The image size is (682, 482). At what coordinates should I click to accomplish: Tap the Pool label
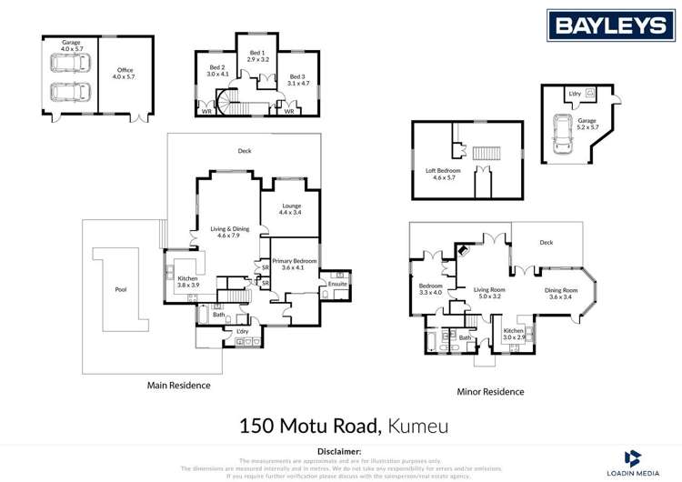tap(122, 291)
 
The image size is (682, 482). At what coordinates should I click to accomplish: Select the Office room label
tap(125, 74)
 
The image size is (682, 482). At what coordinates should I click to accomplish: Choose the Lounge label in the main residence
tap(290, 209)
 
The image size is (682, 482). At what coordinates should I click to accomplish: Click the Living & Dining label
tap(228, 232)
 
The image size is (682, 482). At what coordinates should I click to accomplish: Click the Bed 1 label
tap(257, 56)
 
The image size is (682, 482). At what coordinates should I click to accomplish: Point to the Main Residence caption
tap(178, 386)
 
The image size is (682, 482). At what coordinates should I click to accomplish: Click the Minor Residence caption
tap(490, 392)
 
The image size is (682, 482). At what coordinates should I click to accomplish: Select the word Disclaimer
tap(340, 451)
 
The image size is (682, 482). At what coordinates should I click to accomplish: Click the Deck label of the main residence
tap(245, 151)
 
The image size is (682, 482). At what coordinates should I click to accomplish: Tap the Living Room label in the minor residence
tap(490, 293)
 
